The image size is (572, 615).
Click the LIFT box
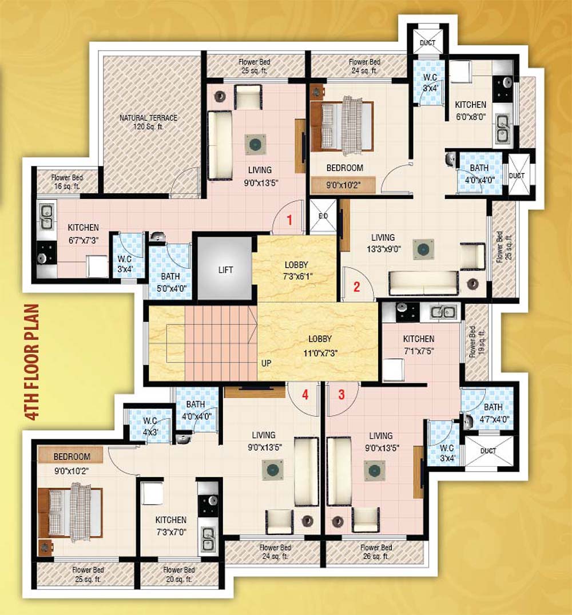[225, 269]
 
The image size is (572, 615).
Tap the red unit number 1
[289, 219]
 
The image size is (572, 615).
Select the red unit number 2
[356, 287]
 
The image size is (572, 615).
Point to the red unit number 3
[341, 394]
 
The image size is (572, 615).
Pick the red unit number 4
[305, 394]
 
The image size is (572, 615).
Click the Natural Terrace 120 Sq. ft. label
[148, 122]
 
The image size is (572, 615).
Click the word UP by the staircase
[267, 363]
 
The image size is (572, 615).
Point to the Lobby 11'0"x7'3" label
[317, 346]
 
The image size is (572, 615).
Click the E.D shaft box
[323, 216]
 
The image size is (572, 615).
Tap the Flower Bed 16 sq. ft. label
[65, 182]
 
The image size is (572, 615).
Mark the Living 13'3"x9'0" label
[383, 243]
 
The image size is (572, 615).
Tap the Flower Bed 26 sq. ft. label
[376, 551]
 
